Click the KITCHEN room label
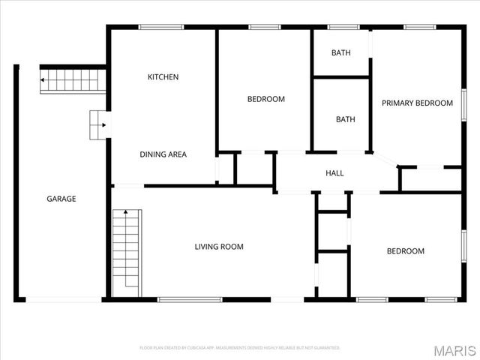pyautogui.click(x=163, y=77)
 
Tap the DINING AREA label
pyautogui.click(x=163, y=154)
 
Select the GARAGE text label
pyautogui.click(x=61, y=199)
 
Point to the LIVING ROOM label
pyautogui.click(x=219, y=247)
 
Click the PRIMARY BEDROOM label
pyautogui.click(x=417, y=103)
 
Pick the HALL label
pyautogui.click(x=334, y=173)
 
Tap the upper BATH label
pyautogui.click(x=341, y=53)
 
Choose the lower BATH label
pyautogui.click(x=345, y=119)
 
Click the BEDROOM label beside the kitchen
pyautogui.click(x=266, y=99)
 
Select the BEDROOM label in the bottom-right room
pyautogui.click(x=405, y=251)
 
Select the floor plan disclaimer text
pyautogui.click(x=240, y=348)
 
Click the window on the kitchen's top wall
pyautogui.click(x=161, y=27)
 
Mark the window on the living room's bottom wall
pyautogui.click(x=190, y=300)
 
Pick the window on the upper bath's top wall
pyautogui.click(x=343, y=27)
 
